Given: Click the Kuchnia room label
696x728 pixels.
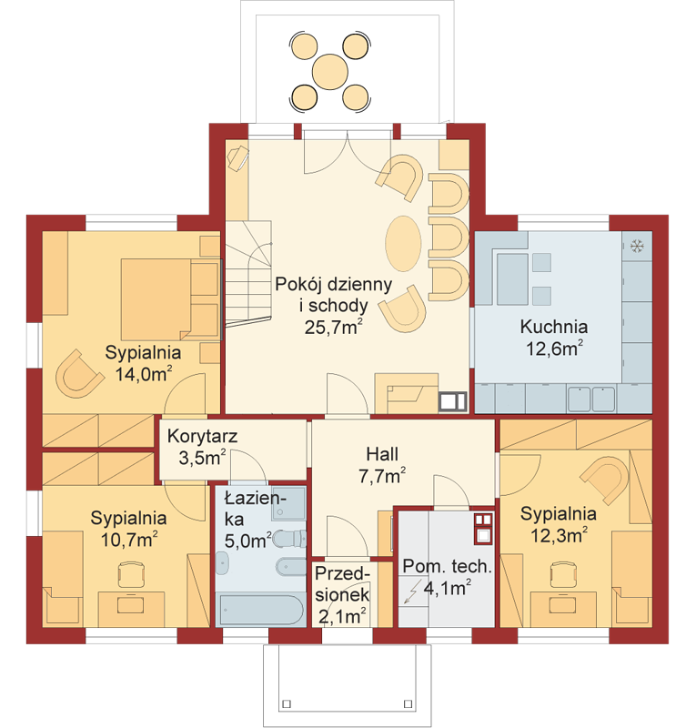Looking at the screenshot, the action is [554, 327].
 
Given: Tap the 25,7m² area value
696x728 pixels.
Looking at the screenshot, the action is [333, 327].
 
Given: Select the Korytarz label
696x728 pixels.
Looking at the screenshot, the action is [203, 437].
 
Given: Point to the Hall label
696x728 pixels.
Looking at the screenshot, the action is [382, 454].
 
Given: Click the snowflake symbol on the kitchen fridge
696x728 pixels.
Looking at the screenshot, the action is [637, 246].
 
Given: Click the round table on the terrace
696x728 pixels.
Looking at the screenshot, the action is [330, 73].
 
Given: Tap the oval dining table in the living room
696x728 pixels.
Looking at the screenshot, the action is [403, 243].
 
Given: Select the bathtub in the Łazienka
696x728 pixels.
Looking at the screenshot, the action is [261, 609].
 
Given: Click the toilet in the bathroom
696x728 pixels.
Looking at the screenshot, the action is [289, 540].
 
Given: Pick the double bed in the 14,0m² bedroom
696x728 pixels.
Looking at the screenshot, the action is [170, 299].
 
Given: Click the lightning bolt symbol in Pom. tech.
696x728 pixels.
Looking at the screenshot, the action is [413, 591].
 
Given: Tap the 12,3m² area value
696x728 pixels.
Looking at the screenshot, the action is [559, 535].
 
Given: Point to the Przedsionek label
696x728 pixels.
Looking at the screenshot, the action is [342, 584].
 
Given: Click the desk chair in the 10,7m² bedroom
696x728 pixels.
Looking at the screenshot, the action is [131, 574].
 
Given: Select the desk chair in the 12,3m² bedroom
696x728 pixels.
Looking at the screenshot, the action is [564, 574].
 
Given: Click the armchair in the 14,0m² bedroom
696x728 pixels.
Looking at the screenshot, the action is [78, 374].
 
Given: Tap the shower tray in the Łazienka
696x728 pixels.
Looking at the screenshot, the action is [288, 503].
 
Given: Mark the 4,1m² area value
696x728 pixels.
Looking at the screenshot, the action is [448, 588].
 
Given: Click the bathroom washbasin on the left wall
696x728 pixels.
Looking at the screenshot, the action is [222, 563].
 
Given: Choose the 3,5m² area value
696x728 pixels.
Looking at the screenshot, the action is [203, 459].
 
